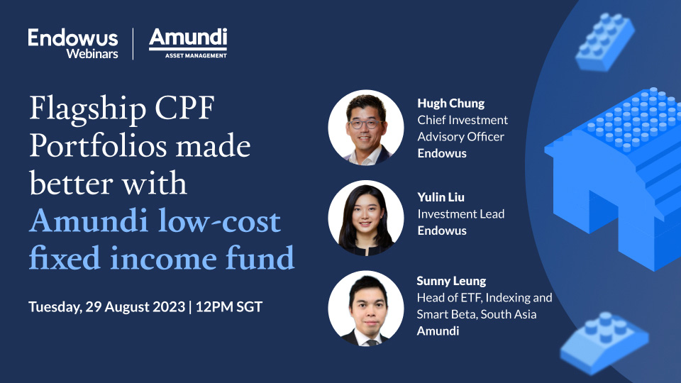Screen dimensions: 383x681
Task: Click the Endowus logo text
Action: pyautogui.click(x=73, y=37)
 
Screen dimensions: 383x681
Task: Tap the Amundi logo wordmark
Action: pyautogui.click(x=188, y=38)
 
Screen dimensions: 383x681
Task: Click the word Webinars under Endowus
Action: pyautogui.click(x=92, y=53)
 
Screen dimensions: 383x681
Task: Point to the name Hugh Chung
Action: pyautogui.click(x=451, y=104)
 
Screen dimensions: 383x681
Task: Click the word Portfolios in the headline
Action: pyautogui.click(x=88, y=147)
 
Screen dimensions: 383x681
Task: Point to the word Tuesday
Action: pyautogui.click(x=55, y=307)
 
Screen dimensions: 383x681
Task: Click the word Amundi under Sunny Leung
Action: pyautogui.click(x=438, y=331)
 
